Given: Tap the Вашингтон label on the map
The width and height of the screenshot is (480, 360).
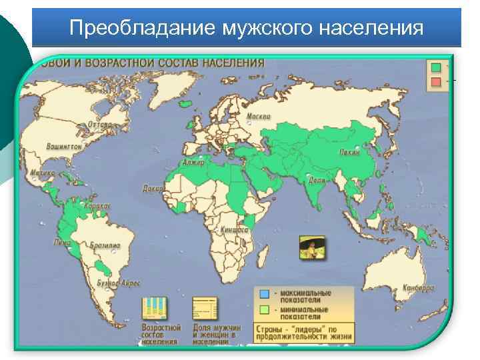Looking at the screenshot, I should pos(64,146).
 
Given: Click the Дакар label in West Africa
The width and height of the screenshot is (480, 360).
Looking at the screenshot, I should pos(152,189).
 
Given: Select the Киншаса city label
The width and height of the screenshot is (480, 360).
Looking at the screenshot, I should pos(236,229).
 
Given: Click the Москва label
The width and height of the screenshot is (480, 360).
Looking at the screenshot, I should pos(259,117).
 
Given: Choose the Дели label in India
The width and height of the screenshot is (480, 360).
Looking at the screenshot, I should pos(317,180).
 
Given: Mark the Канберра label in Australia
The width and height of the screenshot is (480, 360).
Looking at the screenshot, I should pos(418,288).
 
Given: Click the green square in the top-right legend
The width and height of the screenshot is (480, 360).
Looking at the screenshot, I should pos(436,67).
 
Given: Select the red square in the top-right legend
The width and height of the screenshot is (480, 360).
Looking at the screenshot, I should pos(436,81).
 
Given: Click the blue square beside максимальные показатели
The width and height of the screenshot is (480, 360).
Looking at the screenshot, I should pos(265,293).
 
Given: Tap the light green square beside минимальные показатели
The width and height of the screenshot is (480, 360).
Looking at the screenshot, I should pos(265,310).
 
